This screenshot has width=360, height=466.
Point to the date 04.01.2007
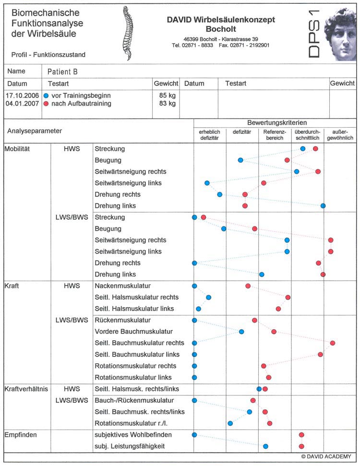22,103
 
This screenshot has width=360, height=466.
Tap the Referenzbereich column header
275,134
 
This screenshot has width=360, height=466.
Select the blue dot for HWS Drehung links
323,206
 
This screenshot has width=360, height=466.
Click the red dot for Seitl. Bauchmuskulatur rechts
332,343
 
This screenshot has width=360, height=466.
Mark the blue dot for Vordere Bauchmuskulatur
241,332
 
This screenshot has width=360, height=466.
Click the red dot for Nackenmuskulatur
248,286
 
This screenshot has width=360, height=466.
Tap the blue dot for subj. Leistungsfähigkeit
265,446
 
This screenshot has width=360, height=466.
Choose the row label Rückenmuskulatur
123,320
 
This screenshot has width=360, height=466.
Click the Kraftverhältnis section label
25,389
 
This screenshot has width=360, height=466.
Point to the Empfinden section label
21,434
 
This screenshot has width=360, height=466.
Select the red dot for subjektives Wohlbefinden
301,435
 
